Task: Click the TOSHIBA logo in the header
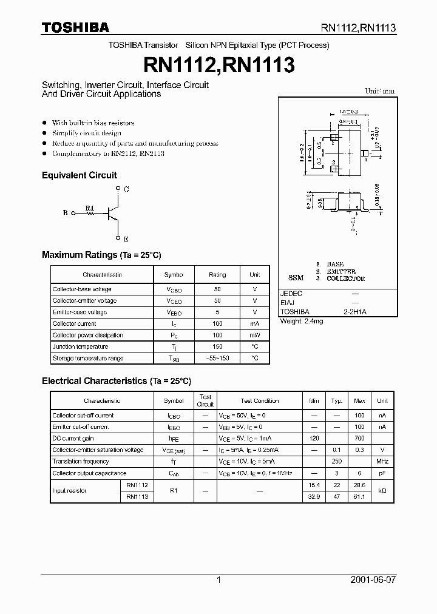point(75,27)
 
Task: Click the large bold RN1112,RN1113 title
point(218,65)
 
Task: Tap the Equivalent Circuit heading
point(79,175)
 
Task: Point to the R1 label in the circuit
point(90,208)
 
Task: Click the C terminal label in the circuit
point(126,189)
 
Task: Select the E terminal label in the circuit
point(126,239)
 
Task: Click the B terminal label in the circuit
point(65,213)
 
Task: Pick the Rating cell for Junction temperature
point(217,347)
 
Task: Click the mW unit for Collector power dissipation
point(255,336)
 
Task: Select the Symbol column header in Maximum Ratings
point(174,275)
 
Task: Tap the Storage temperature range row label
point(88,359)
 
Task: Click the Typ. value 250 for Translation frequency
point(336,462)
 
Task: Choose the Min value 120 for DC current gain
point(314,439)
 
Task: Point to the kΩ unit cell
point(382,490)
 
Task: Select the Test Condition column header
point(259,401)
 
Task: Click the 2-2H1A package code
point(356,311)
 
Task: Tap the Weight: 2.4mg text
point(302,321)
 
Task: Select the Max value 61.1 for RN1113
point(359,496)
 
